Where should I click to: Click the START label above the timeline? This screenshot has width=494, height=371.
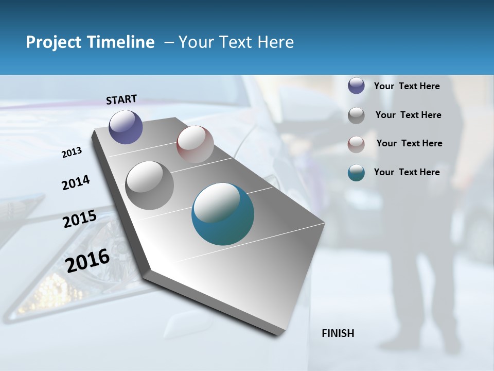coord(121,99)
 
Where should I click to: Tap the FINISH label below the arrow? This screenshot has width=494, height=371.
coord(338,333)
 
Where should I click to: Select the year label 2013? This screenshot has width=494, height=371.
coord(72,153)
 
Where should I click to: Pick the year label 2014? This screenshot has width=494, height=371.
coord(76,182)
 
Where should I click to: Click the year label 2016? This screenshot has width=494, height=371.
coord(87,261)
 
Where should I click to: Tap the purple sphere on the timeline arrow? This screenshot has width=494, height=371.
coord(126,127)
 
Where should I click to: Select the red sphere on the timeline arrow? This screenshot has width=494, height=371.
coord(195,144)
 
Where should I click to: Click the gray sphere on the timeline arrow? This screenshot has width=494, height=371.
coord(150,185)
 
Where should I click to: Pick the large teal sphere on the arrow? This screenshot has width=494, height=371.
coord(223,214)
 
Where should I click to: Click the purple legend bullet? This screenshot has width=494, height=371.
coord(356,86)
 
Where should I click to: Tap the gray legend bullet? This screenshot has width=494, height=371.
coord(356,115)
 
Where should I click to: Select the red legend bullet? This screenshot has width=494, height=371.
coord(356,144)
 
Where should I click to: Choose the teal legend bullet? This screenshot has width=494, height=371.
coord(356,173)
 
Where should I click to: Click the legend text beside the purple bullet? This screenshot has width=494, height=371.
coord(407,86)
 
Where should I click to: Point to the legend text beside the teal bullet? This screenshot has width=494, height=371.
coord(407,172)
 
